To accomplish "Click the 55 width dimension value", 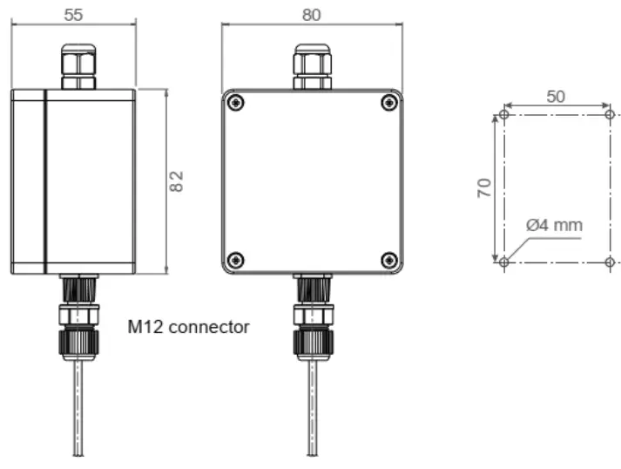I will pyautogui.click(x=74, y=14).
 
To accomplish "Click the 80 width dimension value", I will pyautogui.click(x=311, y=14).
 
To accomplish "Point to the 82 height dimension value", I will pyautogui.click(x=176, y=181).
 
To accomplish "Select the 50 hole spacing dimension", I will pyautogui.click(x=556, y=97).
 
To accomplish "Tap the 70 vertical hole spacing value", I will pyautogui.click(x=484, y=187).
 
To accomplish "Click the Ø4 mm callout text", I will pyautogui.click(x=554, y=225).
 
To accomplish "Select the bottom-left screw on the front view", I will pyautogui.click(x=235, y=259).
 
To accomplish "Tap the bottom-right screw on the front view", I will pyautogui.click(x=388, y=259).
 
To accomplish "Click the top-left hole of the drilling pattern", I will pyautogui.click(x=504, y=114).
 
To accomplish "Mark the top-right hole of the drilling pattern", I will pyautogui.click(x=610, y=114).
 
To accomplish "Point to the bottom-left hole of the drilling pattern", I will pyautogui.click(x=504, y=261).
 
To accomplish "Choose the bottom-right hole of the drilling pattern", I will pyautogui.click(x=610, y=261).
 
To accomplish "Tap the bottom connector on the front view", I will pyautogui.click(x=311, y=318).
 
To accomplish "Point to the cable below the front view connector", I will pyautogui.click(x=311, y=410).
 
